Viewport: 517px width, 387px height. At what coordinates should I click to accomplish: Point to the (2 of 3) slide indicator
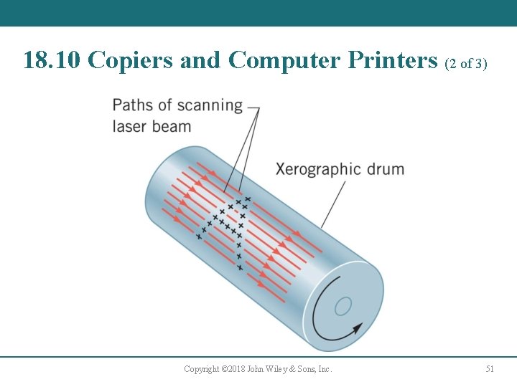466,63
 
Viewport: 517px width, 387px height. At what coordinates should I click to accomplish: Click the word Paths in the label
132,105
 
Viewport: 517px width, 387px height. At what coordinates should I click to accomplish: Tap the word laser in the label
130,127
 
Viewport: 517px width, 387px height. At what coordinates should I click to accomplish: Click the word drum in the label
386,170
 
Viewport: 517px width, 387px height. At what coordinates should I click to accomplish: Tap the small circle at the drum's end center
343,306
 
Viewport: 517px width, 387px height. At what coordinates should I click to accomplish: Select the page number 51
490,369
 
